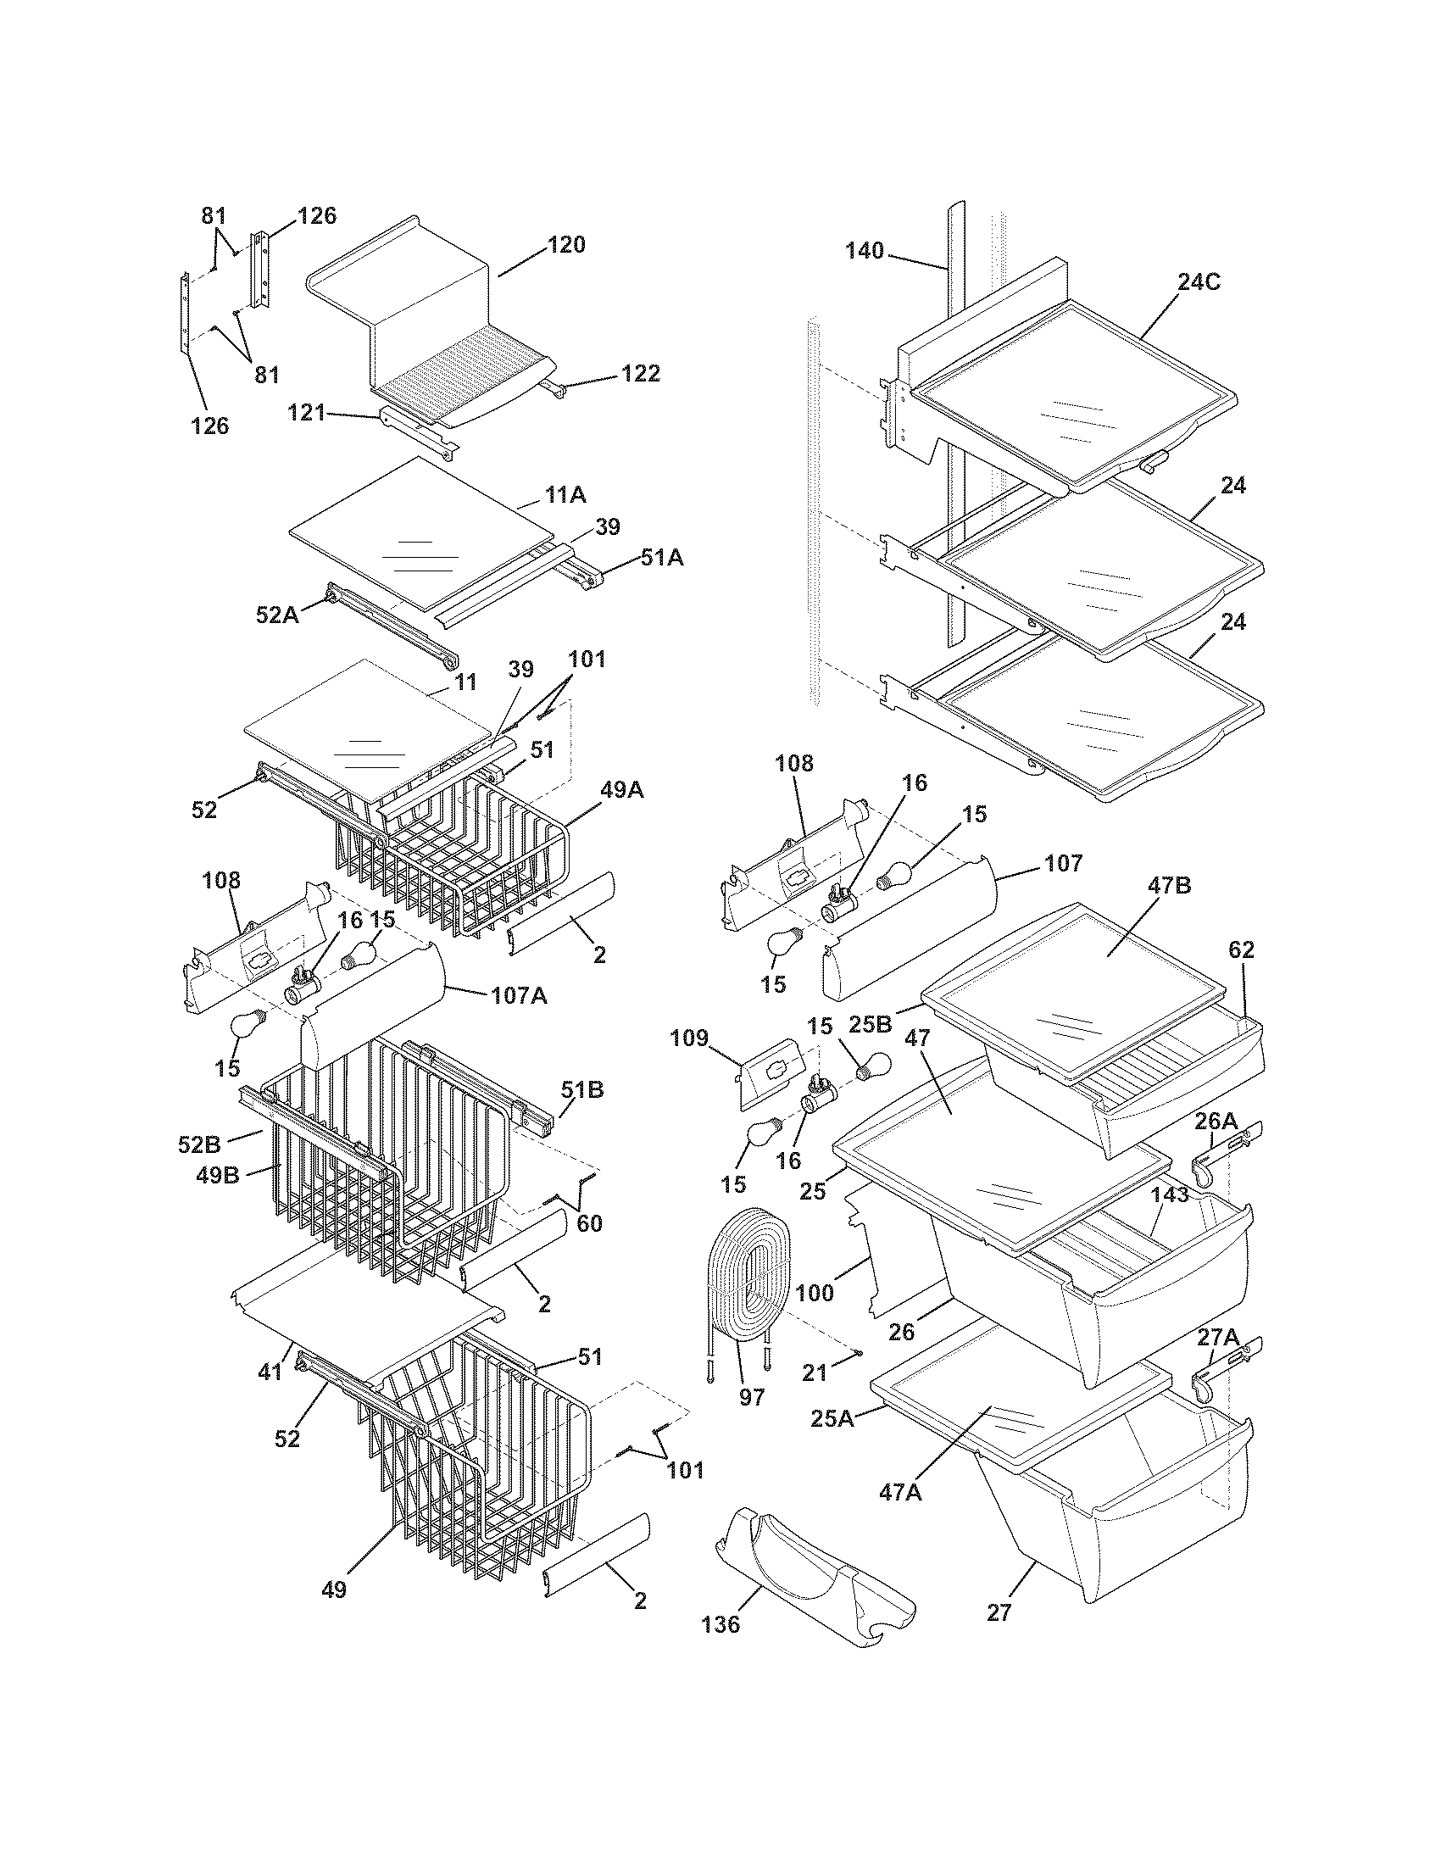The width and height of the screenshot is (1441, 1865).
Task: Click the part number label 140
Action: [865, 251]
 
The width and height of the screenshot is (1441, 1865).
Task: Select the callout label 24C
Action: [1199, 281]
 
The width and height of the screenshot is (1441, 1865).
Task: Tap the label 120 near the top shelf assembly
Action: [566, 245]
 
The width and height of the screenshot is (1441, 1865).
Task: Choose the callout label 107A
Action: [519, 996]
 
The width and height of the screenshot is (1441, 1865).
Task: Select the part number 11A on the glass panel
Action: [565, 494]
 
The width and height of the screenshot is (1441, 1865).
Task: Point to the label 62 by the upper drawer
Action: [1242, 949]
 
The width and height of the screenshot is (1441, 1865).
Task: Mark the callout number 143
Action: [1170, 1194]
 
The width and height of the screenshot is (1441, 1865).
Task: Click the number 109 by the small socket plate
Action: [689, 1038]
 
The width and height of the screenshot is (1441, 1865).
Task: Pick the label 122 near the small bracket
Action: [640, 373]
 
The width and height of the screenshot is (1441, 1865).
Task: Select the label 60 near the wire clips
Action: [589, 1223]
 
